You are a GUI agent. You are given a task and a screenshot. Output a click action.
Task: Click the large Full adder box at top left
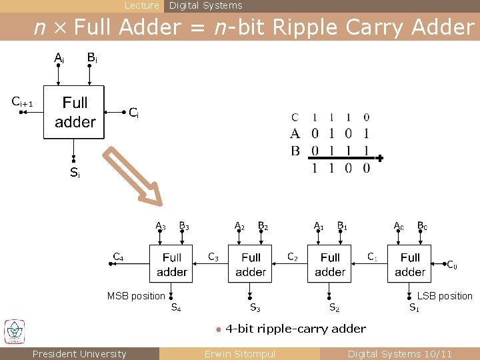[74, 112]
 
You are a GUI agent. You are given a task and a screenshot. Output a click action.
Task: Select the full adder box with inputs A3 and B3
[172, 264]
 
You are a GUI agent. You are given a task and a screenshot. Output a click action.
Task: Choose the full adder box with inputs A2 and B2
[251, 264]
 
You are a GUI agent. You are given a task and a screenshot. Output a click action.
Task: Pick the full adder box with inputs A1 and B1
[330, 264]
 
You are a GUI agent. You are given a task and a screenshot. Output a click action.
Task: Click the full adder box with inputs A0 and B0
[409, 264]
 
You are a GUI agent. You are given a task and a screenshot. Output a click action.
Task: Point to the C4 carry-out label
[118, 256]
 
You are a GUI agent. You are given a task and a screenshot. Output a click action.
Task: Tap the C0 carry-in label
[451, 265]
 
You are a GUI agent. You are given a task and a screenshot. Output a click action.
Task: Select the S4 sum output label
[177, 307]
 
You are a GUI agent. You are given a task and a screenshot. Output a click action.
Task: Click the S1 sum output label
[414, 307]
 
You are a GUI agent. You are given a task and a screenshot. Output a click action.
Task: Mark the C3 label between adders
[213, 256]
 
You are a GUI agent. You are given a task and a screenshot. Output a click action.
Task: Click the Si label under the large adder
[75, 173]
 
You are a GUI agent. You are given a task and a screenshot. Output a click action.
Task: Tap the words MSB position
[136, 296]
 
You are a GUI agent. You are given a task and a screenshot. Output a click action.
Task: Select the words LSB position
[445, 296]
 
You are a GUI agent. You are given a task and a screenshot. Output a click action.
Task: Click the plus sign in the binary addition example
[380, 159]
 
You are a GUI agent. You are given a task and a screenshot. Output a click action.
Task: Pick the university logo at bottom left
[14, 332]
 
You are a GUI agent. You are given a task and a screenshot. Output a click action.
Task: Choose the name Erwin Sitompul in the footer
[239, 354]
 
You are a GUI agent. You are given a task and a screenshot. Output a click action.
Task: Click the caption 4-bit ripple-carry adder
[295, 328]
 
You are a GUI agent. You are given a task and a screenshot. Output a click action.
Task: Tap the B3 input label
[184, 226]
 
